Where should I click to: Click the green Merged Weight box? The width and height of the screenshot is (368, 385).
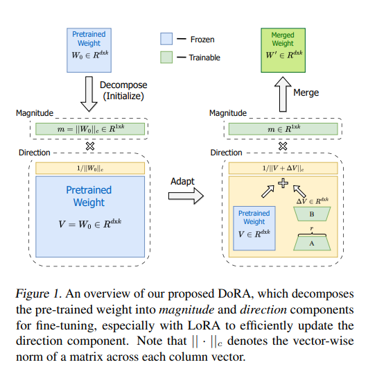point(283,51)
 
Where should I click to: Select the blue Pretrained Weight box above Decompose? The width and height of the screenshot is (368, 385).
point(89,51)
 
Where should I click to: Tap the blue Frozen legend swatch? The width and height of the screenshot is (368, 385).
point(166,39)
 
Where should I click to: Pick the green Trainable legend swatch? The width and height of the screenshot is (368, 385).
point(166,57)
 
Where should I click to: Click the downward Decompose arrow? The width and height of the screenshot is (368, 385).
point(89,94)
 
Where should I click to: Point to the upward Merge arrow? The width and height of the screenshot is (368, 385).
point(283,94)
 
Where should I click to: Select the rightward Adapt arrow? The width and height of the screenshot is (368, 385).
point(186,196)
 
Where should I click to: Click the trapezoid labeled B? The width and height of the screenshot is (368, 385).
point(312,214)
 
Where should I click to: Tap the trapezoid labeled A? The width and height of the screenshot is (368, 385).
point(312,243)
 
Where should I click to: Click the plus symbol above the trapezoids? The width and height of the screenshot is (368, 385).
point(283,183)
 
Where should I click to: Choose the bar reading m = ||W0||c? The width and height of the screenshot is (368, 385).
point(90,129)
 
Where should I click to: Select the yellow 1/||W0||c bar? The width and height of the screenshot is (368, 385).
point(90,169)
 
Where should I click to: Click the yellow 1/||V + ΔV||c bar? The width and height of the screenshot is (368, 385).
point(283,169)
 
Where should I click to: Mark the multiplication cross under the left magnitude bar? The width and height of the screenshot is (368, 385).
point(90,146)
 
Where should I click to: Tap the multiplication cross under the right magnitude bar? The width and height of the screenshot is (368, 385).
point(283,146)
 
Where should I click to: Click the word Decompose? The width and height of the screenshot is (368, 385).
point(123,85)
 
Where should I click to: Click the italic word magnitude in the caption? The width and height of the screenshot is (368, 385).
point(186,310)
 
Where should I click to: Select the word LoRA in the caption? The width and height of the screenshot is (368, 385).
point(204,325)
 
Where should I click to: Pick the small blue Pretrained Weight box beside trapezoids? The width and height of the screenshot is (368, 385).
point(254,228)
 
